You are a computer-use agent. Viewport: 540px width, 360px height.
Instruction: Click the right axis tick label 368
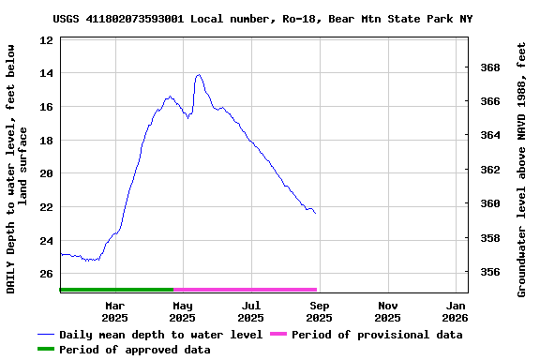point(489,68)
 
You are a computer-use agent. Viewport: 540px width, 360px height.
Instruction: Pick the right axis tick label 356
point(489,273)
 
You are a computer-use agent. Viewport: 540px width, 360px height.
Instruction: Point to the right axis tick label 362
point(489,171)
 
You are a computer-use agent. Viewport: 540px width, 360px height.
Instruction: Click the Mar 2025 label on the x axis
point(114,311)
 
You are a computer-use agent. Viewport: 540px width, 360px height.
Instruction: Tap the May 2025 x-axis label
point(183,311)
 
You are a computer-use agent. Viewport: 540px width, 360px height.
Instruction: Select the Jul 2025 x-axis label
point(251,311)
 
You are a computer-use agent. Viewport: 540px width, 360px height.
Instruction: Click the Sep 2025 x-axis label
point(320,311)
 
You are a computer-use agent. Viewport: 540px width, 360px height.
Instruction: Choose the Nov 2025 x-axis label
point(388,311)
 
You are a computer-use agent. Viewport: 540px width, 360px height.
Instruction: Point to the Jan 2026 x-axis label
point(456,311)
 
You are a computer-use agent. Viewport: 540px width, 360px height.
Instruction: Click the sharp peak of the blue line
point(198,75)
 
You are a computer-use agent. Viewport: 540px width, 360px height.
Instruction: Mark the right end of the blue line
point(316,214)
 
